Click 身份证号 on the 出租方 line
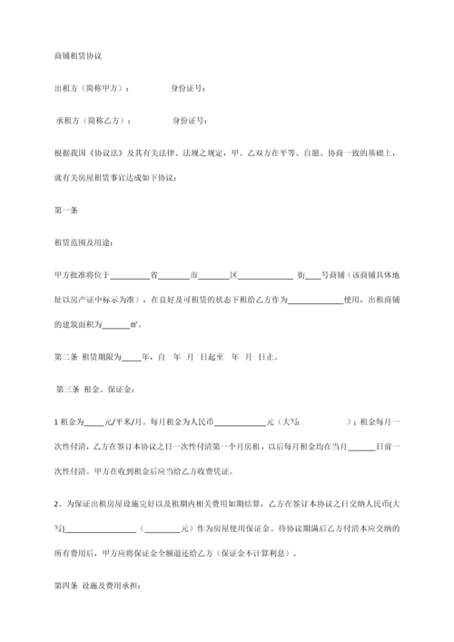click(188, 88)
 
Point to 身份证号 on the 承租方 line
click(191, 120)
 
